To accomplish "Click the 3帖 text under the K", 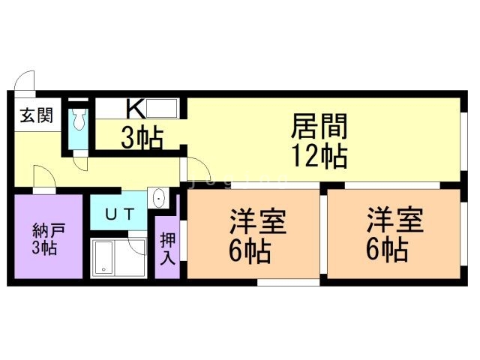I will [142, 138].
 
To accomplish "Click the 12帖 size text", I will [319, 156].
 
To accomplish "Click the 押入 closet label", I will [168, 248].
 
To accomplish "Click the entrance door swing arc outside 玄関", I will [25, 80].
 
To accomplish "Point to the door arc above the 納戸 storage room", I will [43, 180].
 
